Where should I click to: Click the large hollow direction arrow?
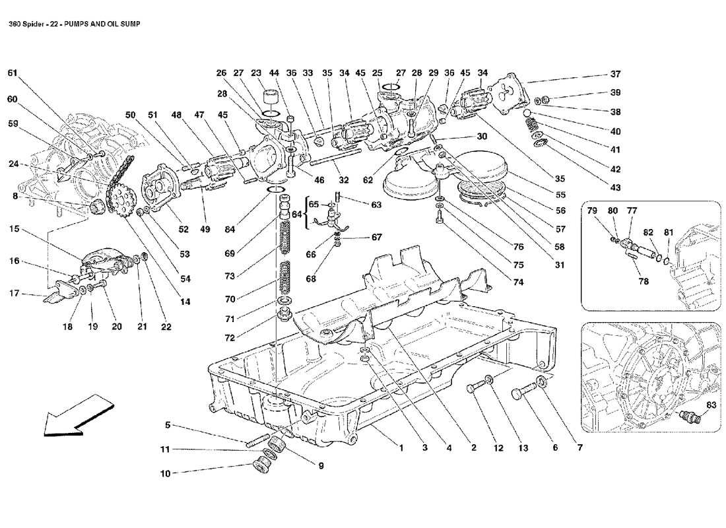point(70,416)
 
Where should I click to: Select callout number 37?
point(615,73)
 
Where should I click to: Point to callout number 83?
point(711,404)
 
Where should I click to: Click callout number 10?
point(164,473)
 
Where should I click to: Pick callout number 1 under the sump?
point(401,448)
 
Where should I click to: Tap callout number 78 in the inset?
point(643,281)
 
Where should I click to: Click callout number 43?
point(615,188)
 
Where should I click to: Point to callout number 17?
point(13,294)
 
